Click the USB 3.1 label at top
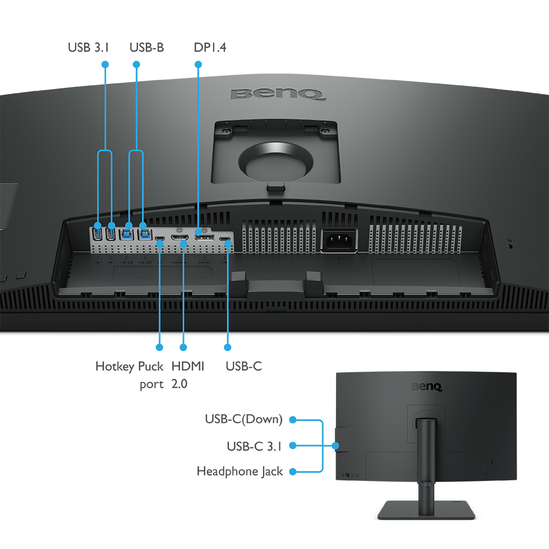[x=88, y=47]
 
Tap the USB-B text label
[x=147, y=47]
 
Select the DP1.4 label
[x=210, y=47]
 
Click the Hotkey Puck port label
[x=129, y=375]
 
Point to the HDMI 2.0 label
[x=188, y=375]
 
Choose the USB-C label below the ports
[x=244, y=366]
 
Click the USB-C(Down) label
[x=244, y=419]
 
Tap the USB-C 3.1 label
[x=254, y=446]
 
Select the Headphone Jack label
[x=240, y=471]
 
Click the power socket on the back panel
[x=339, y=240]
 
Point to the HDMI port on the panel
[x=180, y=237]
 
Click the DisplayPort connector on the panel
[x=204, y=237]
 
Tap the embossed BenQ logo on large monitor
[x=278, y=94]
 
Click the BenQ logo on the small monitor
[x=427, y=386]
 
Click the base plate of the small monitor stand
[x=426, y=509]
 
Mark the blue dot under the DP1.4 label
[x=198, y=64]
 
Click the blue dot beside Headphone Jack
[x=293, y=472]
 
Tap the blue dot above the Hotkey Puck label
[x=159, y=347]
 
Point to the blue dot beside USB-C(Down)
[x=293, y=419]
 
